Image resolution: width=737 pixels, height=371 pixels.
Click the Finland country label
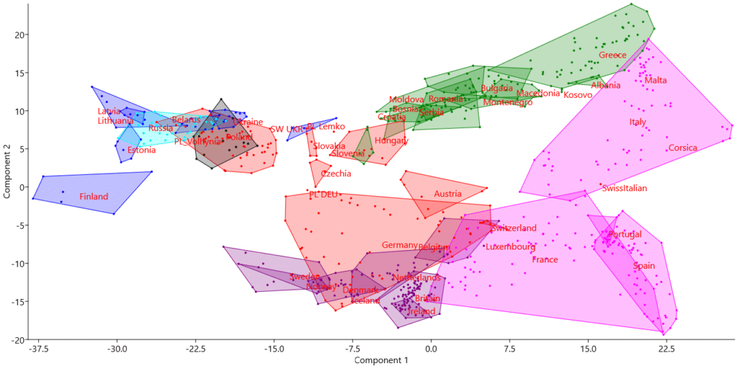[x=94, y=197]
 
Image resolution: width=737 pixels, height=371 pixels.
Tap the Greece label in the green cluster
[x=612, y=55]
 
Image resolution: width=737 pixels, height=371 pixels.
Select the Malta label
[x=655, y=81]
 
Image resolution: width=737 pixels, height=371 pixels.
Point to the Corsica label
[x=682, y=148]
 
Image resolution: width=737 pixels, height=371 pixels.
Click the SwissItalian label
[x=624, y=188]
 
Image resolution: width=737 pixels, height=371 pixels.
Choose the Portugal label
[x=625, y=235]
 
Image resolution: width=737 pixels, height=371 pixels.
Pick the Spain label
[x=643, y=266]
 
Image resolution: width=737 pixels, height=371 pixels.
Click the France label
[x=544, y=260]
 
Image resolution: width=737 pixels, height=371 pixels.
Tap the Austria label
[x=447, y=194]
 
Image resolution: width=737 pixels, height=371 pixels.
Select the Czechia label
[x=335, y=174]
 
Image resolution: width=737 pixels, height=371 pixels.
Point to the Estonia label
[x=141, y=150]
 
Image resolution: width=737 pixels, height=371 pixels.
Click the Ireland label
[x=421, y=312]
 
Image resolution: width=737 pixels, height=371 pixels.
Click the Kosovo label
[x=577, y=95]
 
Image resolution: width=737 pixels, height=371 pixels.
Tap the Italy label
[x=638, y=122]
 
